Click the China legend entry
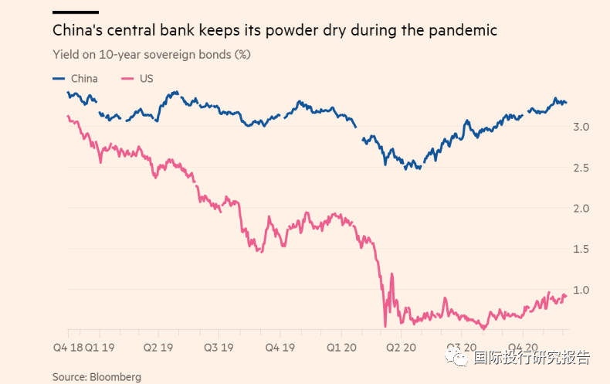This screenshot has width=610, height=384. click(x=84, y=79)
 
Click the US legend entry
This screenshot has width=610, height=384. click(x=146, y=79)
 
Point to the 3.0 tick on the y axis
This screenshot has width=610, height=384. click(x=583, y=127)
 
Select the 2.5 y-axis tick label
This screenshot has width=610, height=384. click(x=583, y=168)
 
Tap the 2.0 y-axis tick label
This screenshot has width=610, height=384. click(x=583, y=209)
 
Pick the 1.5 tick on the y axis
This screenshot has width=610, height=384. click(x=583, y=249)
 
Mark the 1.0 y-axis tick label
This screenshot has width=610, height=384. click(x=583, y=290)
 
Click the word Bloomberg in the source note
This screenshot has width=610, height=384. click(x=115, y=377)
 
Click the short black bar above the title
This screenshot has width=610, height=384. click(x=76, y=12)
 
